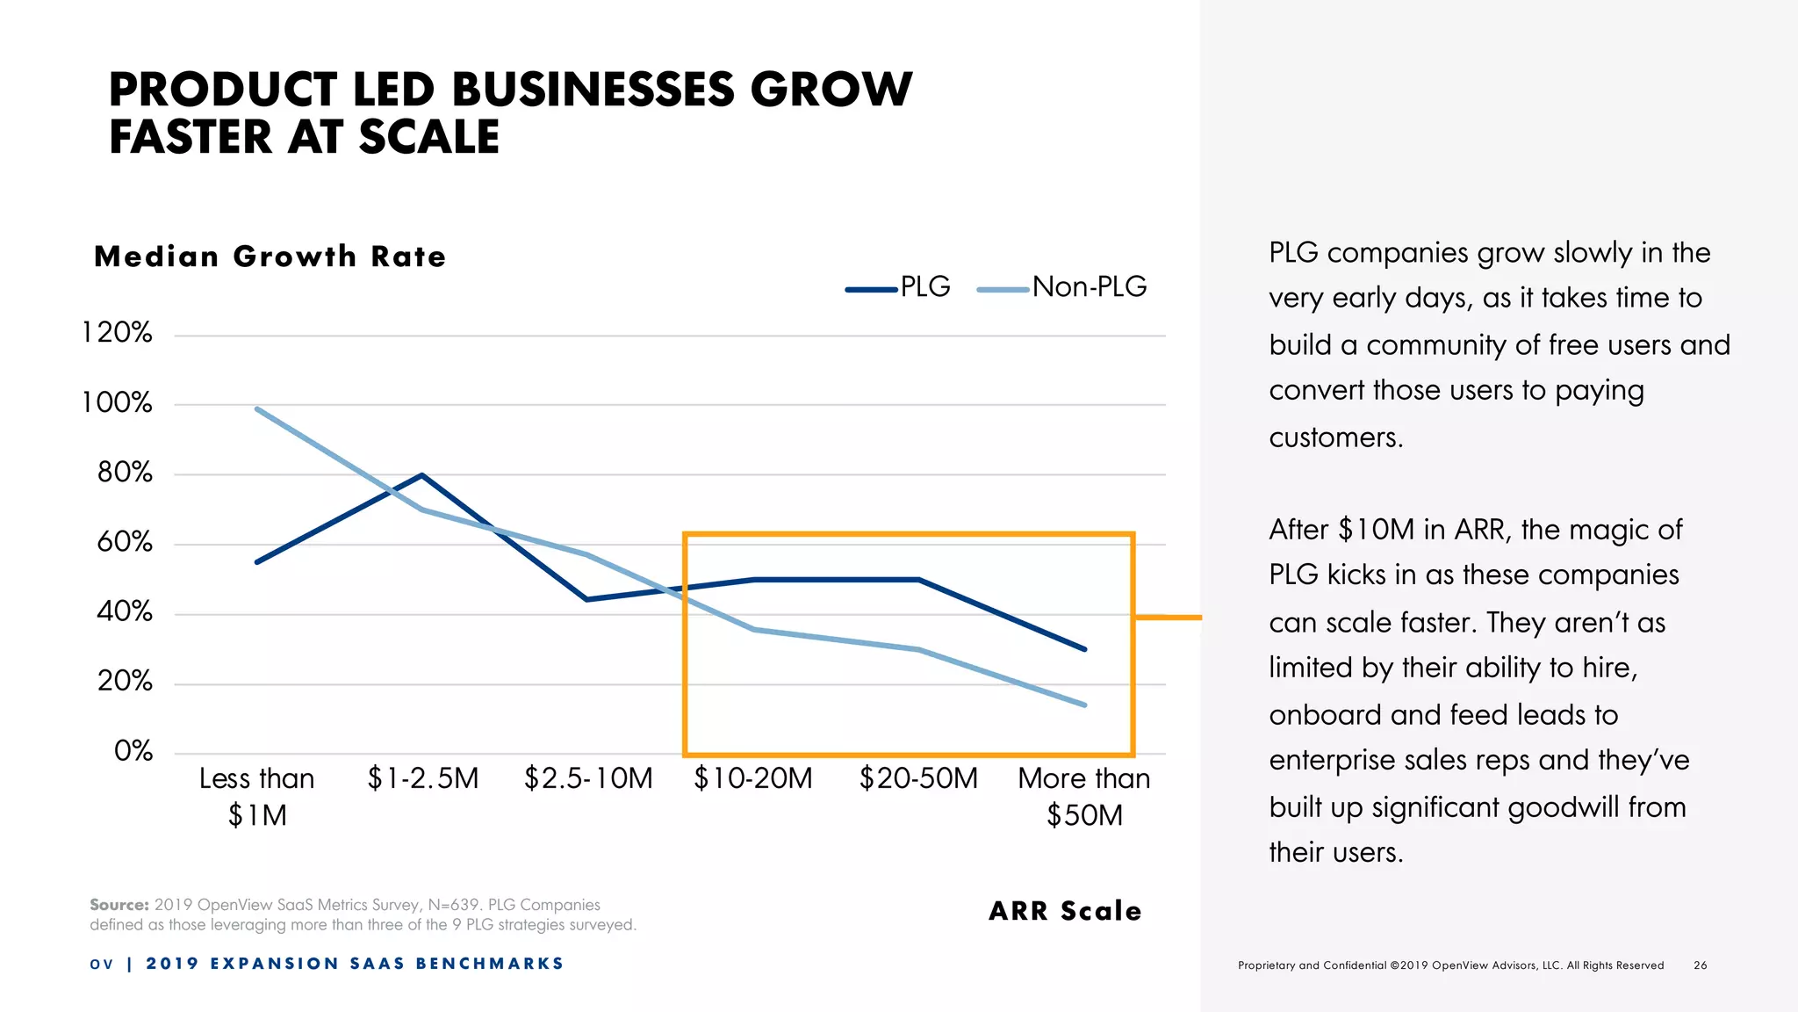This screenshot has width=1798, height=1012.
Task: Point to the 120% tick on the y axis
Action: (x=117, y=333)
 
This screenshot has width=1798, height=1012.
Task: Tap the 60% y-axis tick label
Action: (x=124, y=542)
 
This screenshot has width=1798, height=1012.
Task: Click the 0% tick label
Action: (x=133, y=751)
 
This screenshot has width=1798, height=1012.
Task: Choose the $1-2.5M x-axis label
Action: (x=423, y=778)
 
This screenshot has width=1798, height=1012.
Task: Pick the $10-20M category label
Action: (x=753, y=778)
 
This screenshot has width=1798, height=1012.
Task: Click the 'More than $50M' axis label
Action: (x=1084, y=796)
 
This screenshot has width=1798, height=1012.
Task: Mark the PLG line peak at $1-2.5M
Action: (x=422, y=475)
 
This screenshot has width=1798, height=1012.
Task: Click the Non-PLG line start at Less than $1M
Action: (x=256, y=408)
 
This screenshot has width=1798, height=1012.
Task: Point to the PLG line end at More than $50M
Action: (x=1085, y=649)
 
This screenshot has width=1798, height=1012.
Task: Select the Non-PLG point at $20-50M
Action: (x=918, y=650)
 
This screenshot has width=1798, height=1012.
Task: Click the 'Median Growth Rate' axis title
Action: (x=270, y=257)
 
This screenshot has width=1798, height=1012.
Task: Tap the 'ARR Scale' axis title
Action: (x=1065, y=911)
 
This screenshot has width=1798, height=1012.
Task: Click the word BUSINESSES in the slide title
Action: (x=593, y=90)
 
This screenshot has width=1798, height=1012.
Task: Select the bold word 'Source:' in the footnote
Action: (x=119, y=905)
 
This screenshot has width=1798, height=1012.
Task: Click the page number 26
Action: (x=1701, y=965)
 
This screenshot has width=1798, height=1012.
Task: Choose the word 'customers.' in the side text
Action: (x=1335, y=437)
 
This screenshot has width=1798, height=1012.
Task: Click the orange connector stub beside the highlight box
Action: (x=1169, y=618)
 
